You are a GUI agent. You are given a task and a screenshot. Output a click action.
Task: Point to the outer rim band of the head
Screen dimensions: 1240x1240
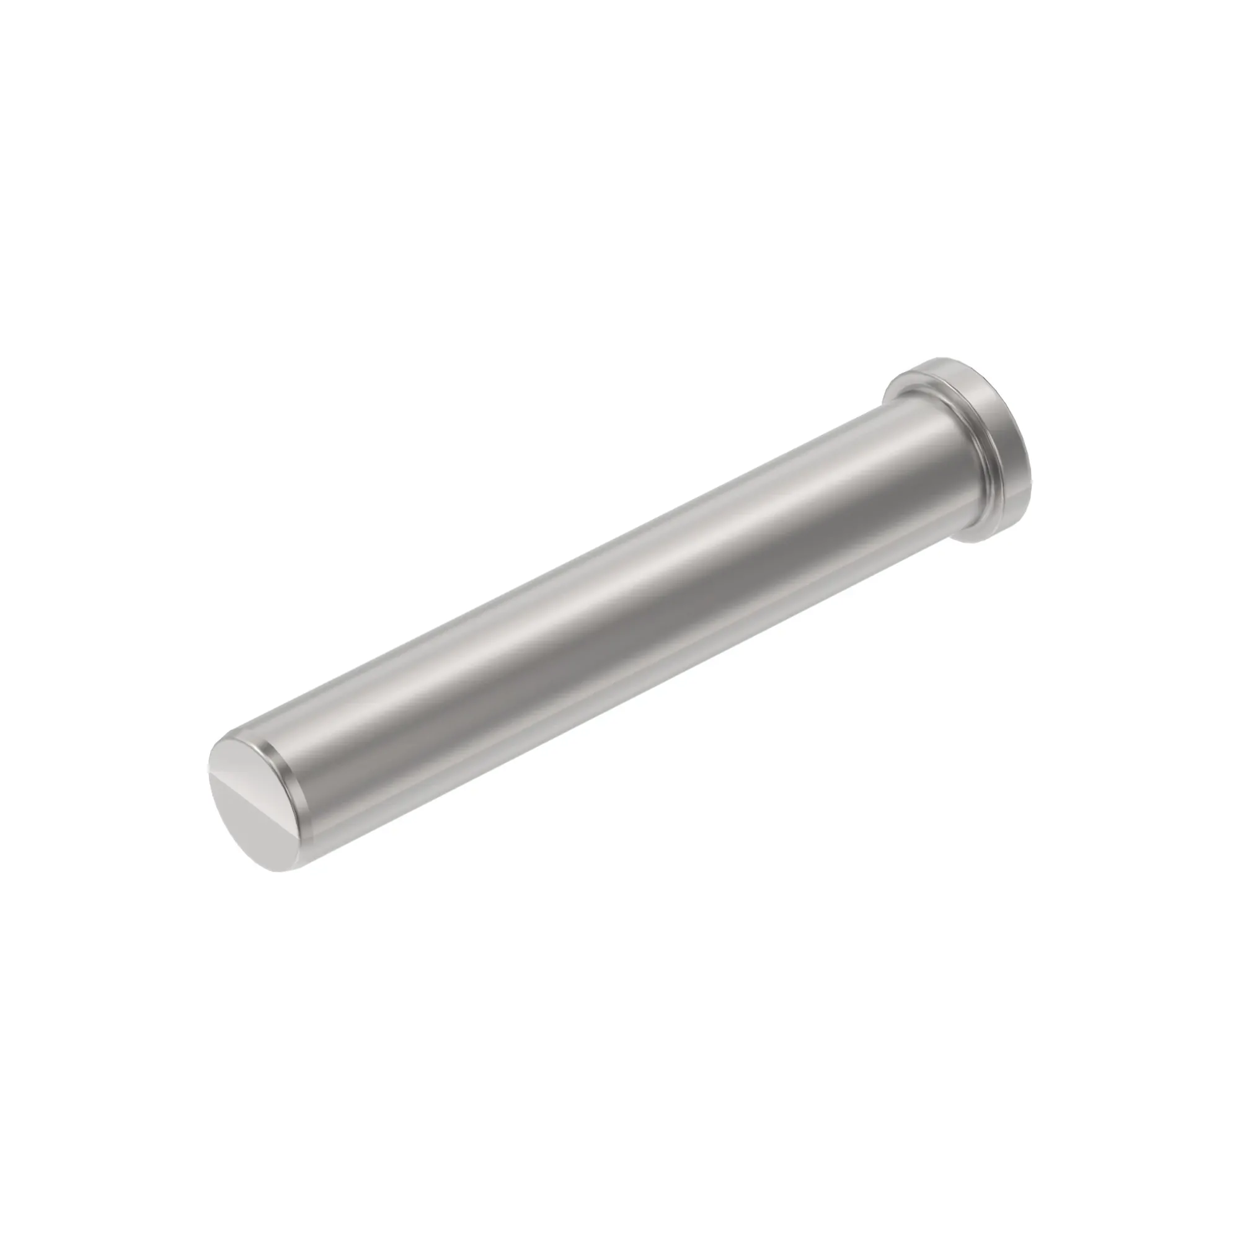[x=1001, y=462]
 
